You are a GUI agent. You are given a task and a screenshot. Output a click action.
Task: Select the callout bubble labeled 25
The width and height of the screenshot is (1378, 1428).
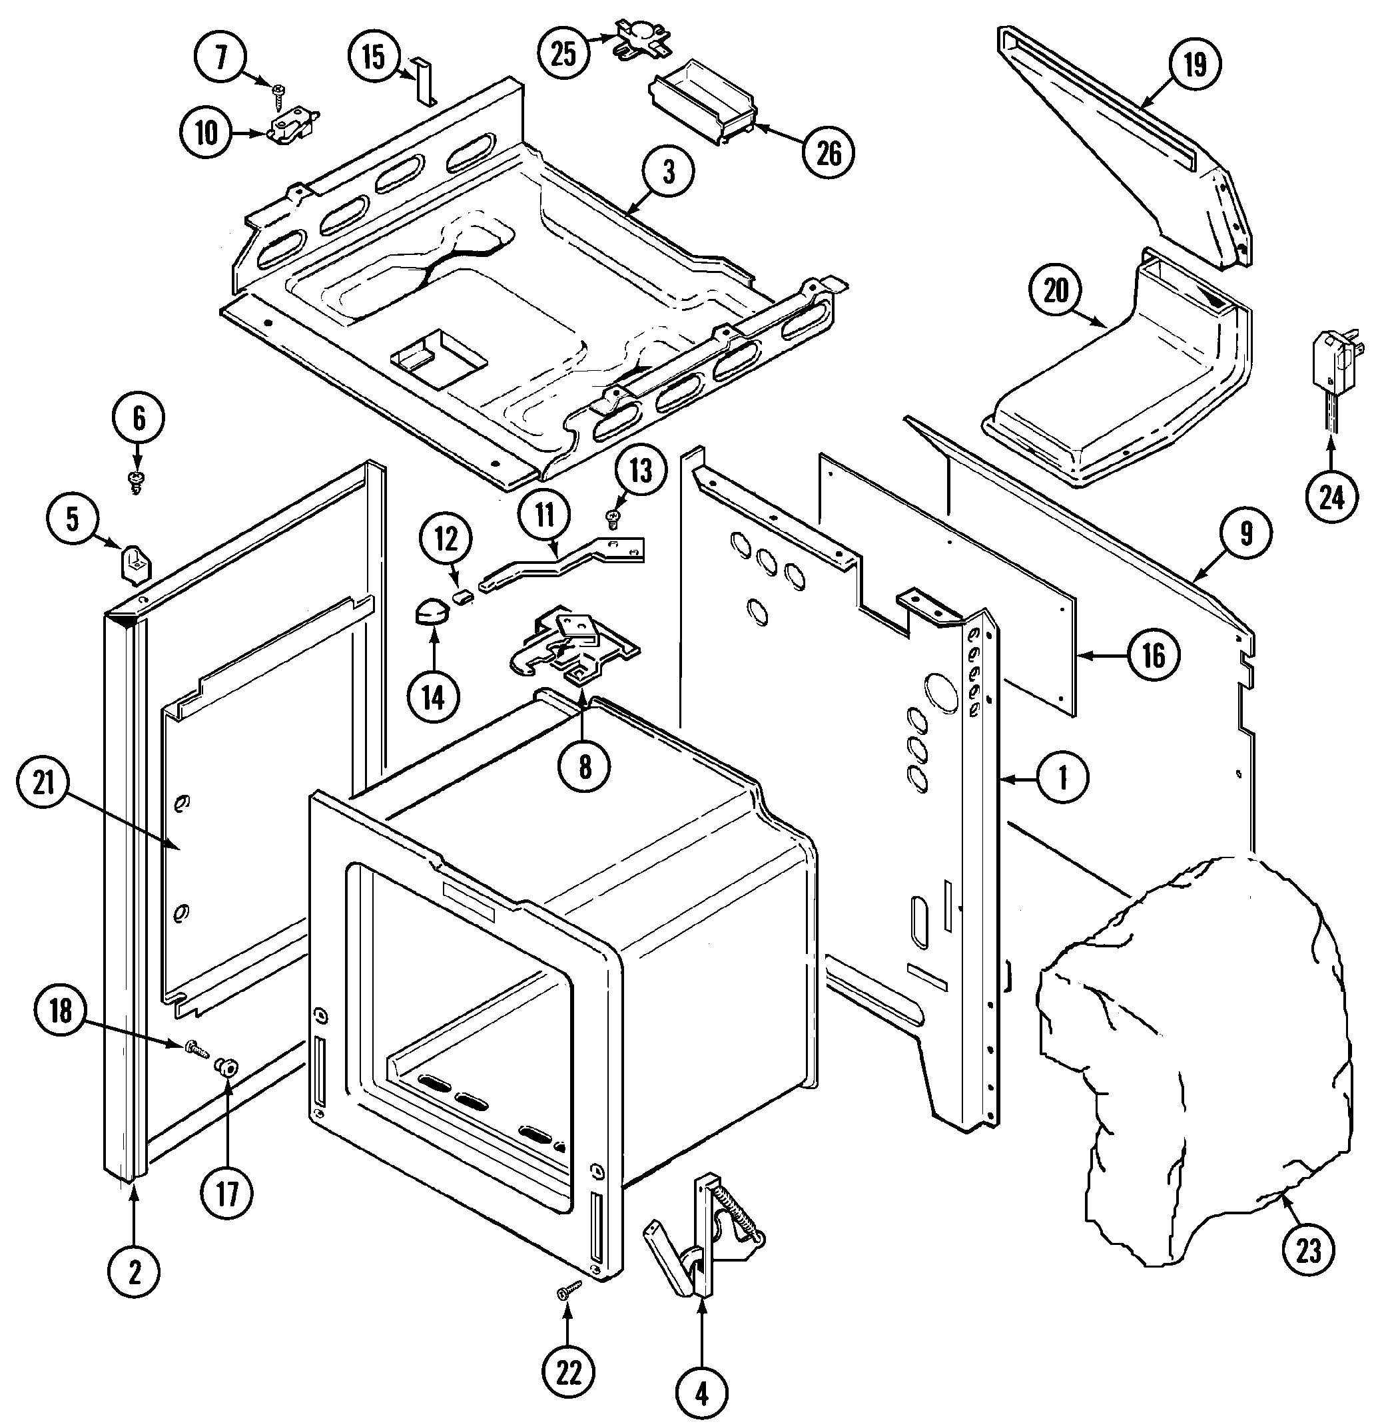click(563, 53)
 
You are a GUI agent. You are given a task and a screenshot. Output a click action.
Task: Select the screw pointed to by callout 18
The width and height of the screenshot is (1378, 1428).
click(196, 1049)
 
